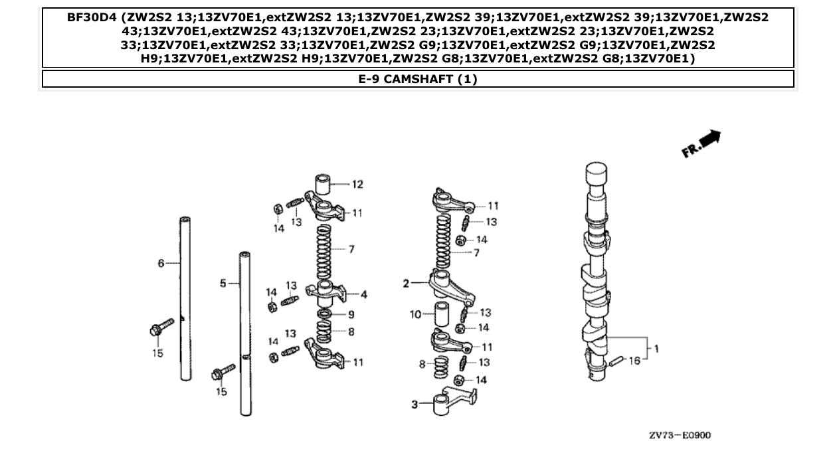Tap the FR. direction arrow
(701, 144)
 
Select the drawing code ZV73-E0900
(680, 436)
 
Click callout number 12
(357, 184)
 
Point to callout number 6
(161, 264)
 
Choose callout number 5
(223, 284)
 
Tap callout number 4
(363, 294)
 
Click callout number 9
(351, 314)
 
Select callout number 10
(415, 314)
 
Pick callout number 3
(414, 405)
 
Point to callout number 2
(405, 284)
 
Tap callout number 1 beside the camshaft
(656, 349)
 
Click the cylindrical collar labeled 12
(324, 183)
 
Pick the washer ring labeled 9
(325, 314)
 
